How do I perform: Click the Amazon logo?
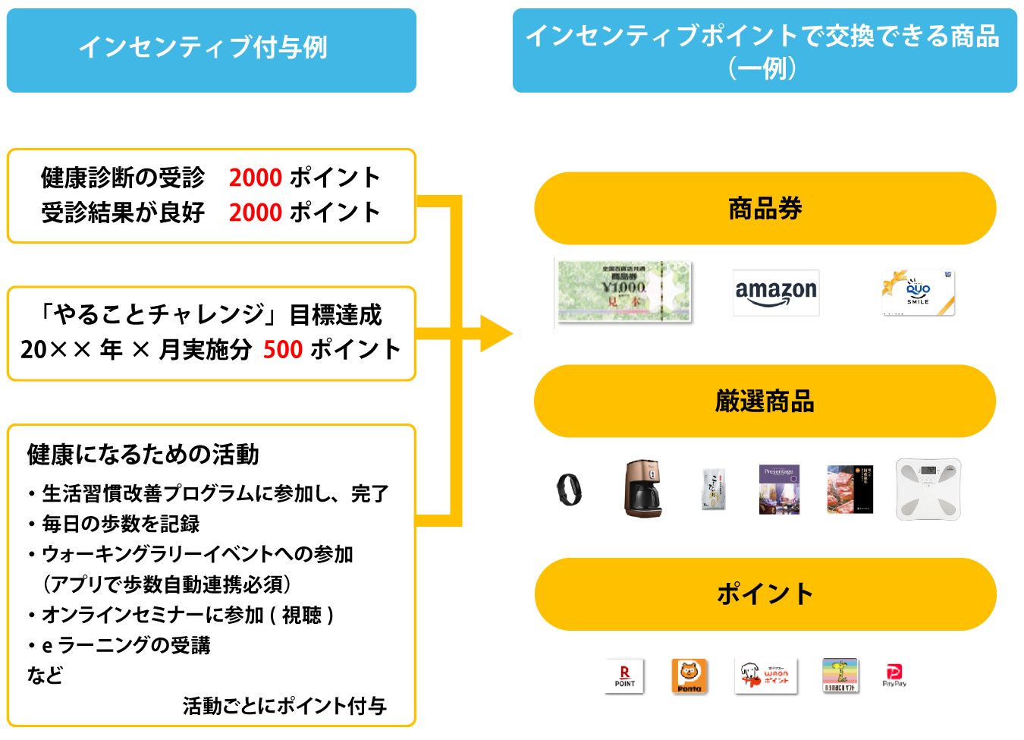[776, 293]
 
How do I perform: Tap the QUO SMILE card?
[918, 293]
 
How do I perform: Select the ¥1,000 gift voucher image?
[624, 292]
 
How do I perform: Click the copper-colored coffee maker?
[642, 489]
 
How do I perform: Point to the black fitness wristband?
[569, 489]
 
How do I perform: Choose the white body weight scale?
[928, 489]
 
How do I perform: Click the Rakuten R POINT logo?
[624, 675]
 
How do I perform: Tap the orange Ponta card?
[689, 675]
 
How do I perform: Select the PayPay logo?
[894, 675]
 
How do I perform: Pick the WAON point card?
[765, 675]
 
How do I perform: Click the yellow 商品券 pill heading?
[765, 209]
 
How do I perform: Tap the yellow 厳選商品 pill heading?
[765, 401]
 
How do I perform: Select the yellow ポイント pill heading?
[765, 594]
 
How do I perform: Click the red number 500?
[283, 350]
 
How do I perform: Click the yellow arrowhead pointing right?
[496, 334]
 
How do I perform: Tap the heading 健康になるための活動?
[143, 455]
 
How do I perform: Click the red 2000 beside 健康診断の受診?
[256, 178]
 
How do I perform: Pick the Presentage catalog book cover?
[779, 490]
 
